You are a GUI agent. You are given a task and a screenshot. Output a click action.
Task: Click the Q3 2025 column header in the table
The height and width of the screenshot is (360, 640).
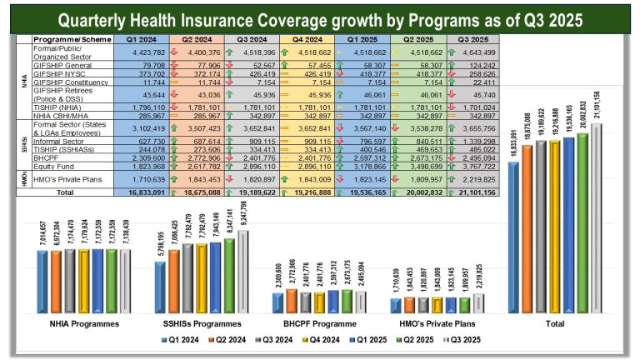tap(472, 39)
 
